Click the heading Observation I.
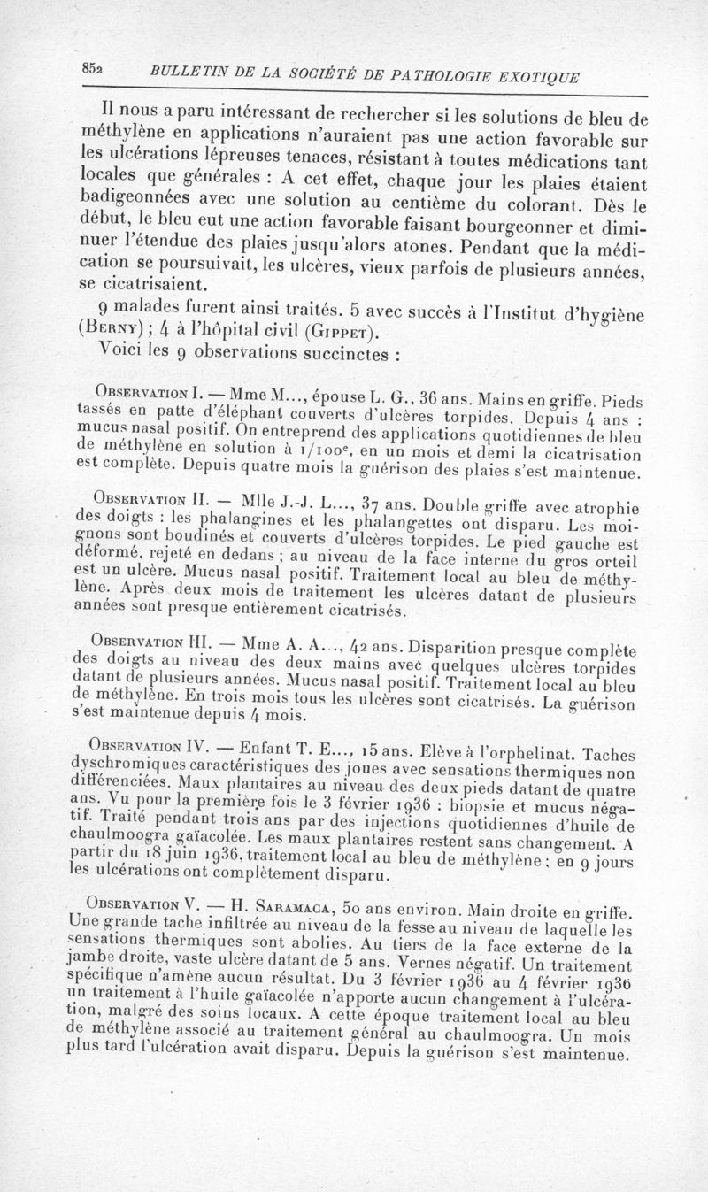point(146,392)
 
